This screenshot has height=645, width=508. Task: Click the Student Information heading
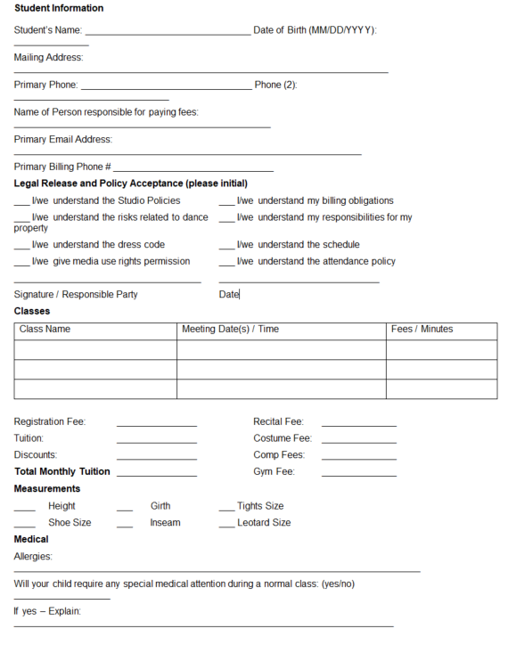59,8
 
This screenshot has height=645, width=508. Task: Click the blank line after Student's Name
168,34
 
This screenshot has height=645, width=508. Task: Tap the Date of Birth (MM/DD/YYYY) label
315,30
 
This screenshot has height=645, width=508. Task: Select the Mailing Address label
48,58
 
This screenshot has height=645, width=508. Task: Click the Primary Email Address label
63,140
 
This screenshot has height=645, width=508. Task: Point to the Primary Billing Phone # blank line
193,169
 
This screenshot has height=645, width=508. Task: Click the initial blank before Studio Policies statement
21,204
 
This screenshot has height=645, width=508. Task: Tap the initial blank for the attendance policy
226,265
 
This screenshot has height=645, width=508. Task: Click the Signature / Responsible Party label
76,295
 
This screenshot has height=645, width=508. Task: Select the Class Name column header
45,330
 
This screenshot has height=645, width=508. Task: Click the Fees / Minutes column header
422,330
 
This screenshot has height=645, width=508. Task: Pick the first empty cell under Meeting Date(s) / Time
281,350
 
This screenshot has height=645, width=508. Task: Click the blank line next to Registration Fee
156,425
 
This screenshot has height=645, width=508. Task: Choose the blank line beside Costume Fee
358,442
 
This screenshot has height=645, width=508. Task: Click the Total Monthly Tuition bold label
62,472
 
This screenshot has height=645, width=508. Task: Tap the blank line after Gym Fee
358,475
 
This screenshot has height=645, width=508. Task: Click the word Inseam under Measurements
165,523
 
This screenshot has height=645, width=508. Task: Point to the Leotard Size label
264,523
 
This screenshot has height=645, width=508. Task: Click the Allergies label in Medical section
33,557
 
